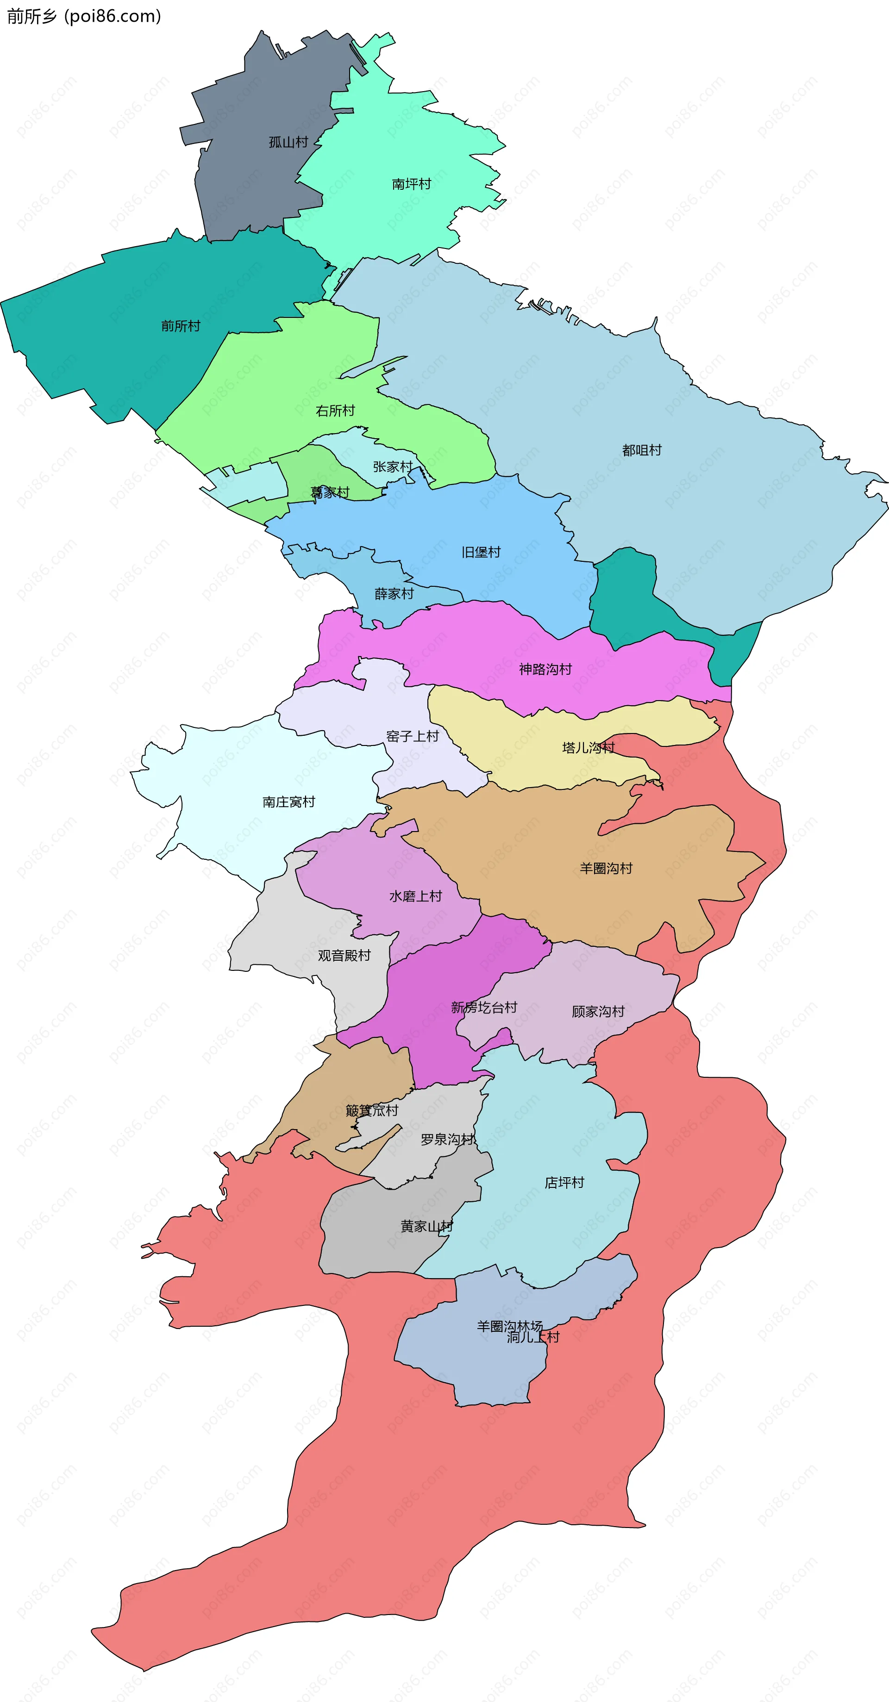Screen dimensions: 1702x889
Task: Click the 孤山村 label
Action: [288, 142]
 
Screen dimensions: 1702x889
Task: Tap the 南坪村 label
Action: [411, 184]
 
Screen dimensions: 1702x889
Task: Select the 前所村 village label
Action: [181, 326]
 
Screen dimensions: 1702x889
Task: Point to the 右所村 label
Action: [335, 411]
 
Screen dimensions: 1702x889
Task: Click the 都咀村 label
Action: [641, 450]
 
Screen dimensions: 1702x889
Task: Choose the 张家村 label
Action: [393, 466]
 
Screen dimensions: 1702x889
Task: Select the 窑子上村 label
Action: [413, 736]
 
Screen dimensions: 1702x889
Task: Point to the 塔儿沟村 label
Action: [588, 747]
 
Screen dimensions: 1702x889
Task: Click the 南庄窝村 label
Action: [289, 801]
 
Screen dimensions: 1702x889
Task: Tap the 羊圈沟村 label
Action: [606, 868]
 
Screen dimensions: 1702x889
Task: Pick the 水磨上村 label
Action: [415, 896]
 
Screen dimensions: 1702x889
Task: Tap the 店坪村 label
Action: [564, 1183]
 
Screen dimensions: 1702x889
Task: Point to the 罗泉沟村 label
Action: [447, 1139]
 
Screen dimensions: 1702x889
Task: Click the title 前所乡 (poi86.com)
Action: [84, 17]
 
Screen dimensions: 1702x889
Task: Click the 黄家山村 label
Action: [426, 1226]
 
